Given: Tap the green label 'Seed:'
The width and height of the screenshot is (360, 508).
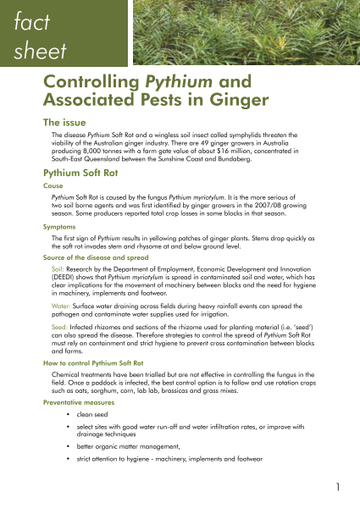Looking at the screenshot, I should (x=62, y=327).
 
